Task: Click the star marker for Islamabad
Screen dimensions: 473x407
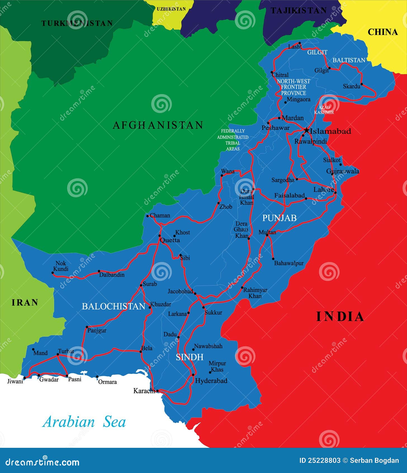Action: coord(306,130)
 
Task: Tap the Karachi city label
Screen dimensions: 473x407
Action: coord(144,391)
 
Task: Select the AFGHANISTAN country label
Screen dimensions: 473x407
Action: coord(158,125)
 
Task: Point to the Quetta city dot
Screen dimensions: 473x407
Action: coord(160,235)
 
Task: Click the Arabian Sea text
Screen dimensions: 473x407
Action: coord(84,422)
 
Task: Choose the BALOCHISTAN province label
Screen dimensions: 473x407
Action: coord(113,306)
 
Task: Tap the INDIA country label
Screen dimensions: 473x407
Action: coord(340,317)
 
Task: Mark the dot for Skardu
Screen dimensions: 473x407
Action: coord(362,84)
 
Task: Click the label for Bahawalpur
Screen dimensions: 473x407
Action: coord(288,263)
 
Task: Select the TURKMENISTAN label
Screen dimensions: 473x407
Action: coord(77,23)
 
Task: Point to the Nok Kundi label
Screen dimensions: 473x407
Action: coord(61,266)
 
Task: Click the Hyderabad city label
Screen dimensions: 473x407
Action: coord(211,381)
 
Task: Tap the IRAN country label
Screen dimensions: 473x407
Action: coord(25,303)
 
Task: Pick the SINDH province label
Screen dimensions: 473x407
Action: coord(190,357)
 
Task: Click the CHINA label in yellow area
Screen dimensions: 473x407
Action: coord(382,32)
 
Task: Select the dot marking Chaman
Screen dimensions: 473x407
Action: coord(148,216)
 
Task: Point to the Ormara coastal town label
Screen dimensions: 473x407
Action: coord(107,382)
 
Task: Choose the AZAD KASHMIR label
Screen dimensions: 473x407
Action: coord(324,110)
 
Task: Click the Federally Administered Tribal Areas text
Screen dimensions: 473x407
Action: coord(233,140)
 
